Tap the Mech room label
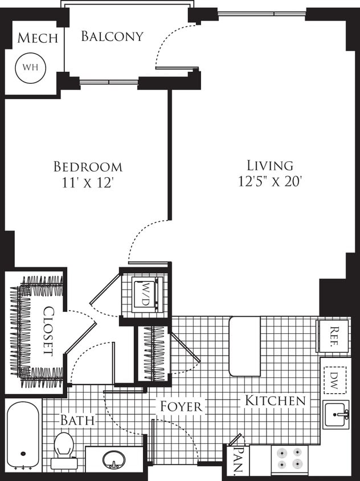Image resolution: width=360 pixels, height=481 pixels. tap(38, 38)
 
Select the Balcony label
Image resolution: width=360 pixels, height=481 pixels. tap(112, 36)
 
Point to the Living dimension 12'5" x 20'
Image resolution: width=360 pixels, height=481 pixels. tap(269, 182)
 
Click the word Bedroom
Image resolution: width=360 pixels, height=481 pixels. tap(88, 167)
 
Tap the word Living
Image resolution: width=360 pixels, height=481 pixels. tap(270, 166)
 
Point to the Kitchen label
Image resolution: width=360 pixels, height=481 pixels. tap(275, 401)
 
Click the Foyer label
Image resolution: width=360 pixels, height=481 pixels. tap(181, 406)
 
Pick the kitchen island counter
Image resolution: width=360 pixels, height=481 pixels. tap(244, 346)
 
